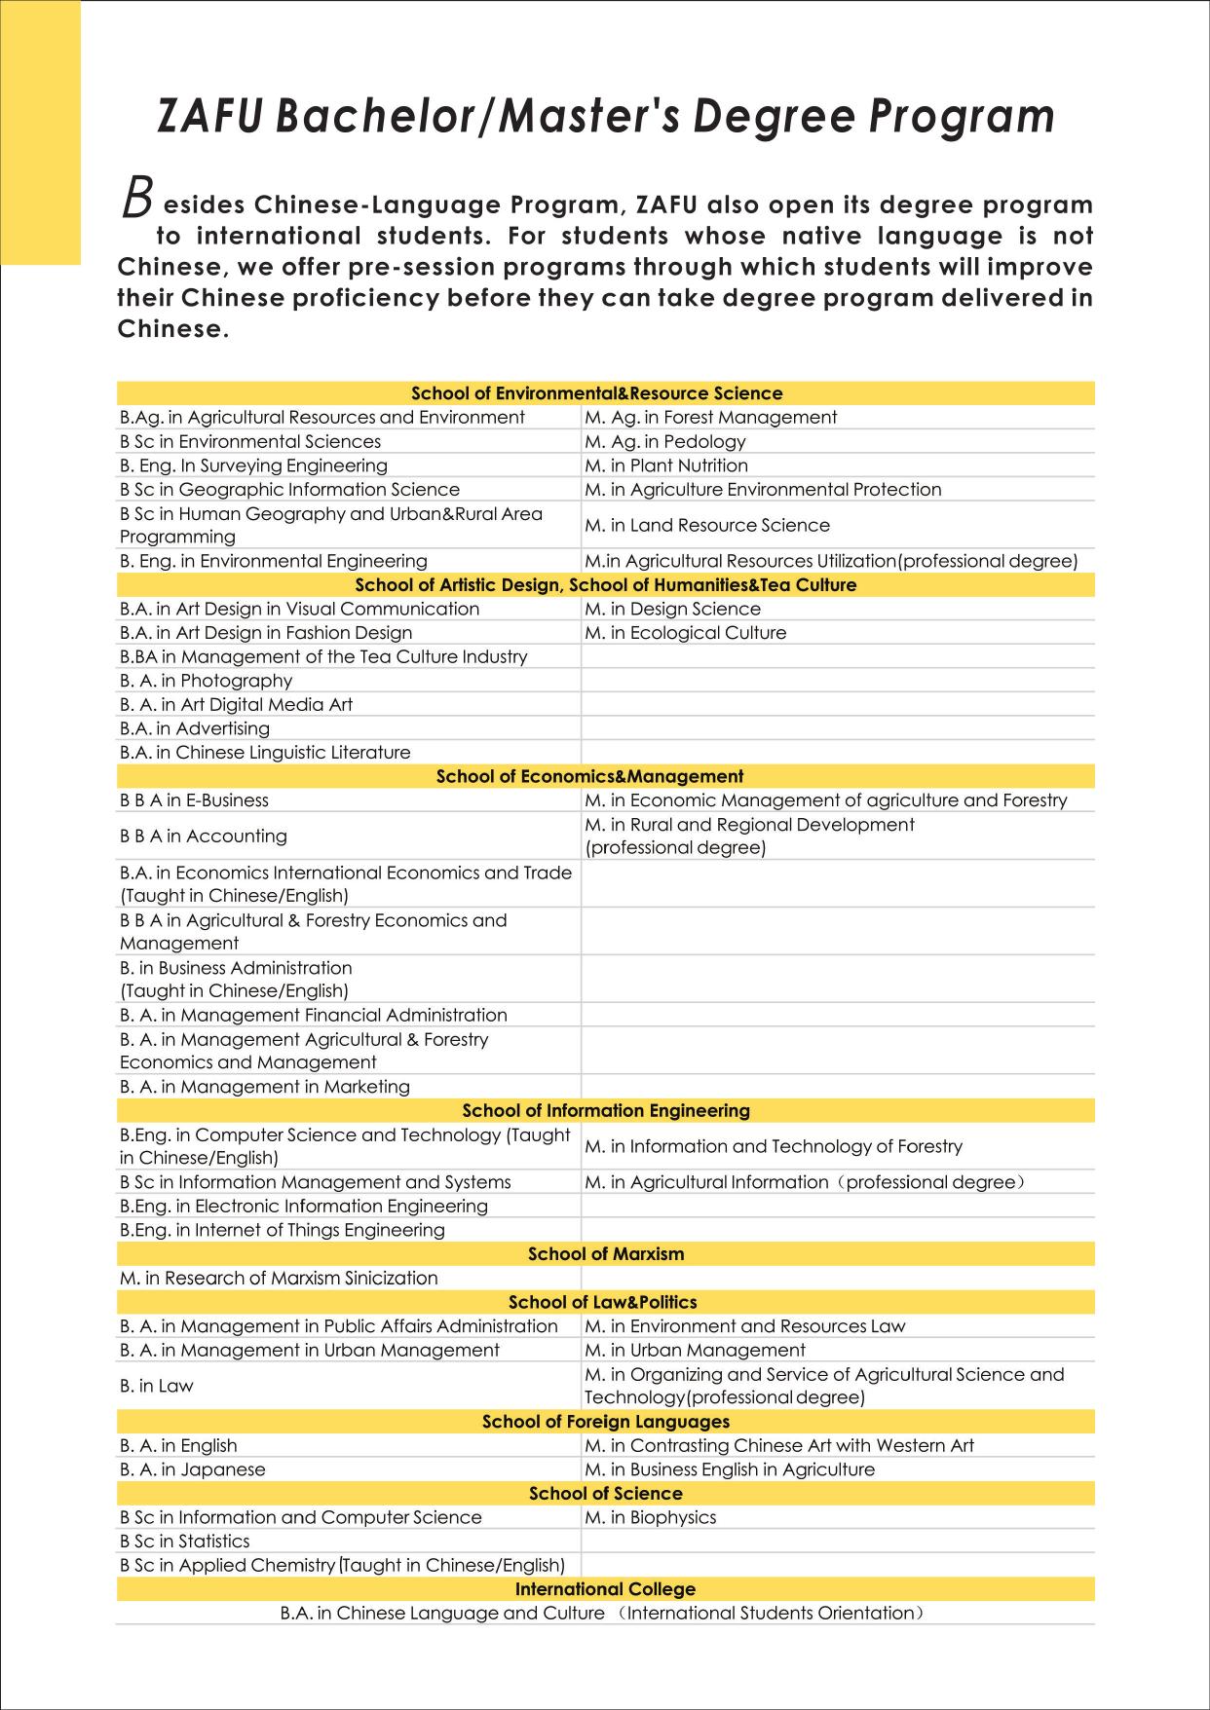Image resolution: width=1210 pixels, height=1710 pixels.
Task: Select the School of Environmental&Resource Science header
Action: [596, 393]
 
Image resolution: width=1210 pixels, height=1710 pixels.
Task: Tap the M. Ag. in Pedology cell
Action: [664, 441]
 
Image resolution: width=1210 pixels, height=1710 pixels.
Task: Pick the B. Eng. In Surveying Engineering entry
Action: [253, 465]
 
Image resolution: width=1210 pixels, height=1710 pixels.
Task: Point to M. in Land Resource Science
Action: [706, 525]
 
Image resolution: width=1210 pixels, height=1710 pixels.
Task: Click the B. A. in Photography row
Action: [206, 681]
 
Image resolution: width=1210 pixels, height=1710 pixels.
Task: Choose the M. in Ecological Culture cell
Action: [685, 633]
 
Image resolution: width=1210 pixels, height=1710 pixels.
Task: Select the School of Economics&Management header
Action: [589, 776]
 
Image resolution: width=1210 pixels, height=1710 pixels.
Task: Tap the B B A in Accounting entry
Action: [203, 836]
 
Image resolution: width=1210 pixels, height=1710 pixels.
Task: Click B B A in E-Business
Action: [194, 800]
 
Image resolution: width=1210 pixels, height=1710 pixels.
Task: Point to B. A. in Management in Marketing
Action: [264, 1087]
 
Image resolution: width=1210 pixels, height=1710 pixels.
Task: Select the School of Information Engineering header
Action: [606, 1110]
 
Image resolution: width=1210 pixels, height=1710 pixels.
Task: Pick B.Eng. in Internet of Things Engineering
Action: [282, 1230]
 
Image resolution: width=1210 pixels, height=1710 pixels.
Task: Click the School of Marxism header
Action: [606, 1254]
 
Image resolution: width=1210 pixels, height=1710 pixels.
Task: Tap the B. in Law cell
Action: [156, 1386]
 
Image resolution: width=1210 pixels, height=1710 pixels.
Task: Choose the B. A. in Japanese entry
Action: [192, 1469]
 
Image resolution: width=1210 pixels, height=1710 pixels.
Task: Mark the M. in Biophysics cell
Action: [650, 1517]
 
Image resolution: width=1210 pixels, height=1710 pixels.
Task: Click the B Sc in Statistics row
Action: [184, 1542]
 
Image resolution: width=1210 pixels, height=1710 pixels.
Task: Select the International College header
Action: [605, 1589]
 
